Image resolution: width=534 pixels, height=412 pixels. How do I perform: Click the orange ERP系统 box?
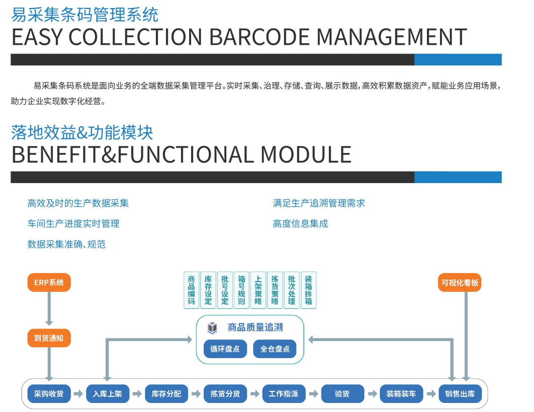coord(49,282)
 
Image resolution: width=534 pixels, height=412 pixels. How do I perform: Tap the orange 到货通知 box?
coord(49,338)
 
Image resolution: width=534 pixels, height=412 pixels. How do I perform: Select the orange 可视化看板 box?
coord(460,282)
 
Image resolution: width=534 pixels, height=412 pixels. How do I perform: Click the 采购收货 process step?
coord(49,394)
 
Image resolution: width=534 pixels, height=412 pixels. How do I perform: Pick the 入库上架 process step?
coord(108,394)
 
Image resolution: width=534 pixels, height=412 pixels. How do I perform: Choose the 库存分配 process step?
coord(166,394)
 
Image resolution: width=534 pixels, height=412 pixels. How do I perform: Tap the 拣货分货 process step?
coord(225,394)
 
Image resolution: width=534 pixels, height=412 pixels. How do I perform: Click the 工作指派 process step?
coord(284,394)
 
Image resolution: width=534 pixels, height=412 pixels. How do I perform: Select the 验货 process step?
coord(342,394)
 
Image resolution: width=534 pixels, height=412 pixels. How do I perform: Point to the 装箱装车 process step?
coord(401,394)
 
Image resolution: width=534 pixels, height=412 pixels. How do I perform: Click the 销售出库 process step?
coord(460,394)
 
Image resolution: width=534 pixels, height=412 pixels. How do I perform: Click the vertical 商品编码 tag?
coord(192,290)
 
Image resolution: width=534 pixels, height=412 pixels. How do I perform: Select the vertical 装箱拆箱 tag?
coord(308,290)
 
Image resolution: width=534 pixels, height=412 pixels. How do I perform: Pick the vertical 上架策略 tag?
coord(258,290)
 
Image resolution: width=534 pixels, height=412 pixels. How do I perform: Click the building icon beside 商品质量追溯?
coord(212,328)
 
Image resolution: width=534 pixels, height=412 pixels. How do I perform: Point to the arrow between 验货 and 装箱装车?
coord(372,394)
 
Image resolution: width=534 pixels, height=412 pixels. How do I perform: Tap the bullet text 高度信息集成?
coord(300,224)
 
